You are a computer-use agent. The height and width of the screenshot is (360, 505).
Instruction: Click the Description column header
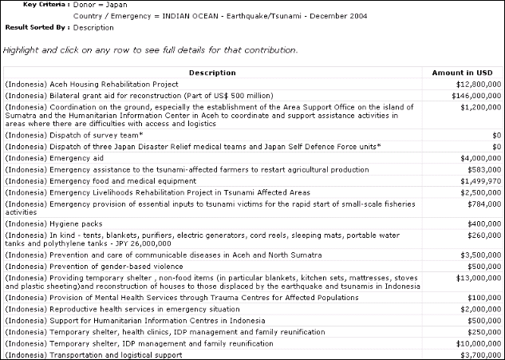point(212,73)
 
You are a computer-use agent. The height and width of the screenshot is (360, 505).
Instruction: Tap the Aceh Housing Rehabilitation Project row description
point(92,84)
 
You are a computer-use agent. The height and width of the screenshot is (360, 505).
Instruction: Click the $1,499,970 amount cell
point(483,181)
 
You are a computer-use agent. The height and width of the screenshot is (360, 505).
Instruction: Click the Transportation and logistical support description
point(93,354)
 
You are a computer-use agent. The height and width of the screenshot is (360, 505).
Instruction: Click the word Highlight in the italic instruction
point(21,49)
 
